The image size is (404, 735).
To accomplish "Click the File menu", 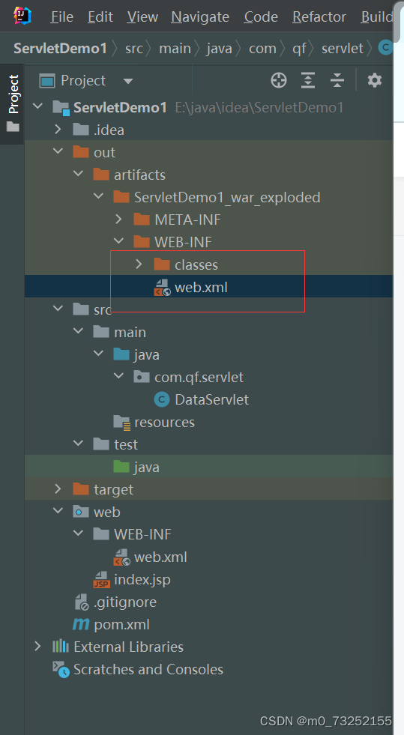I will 61,16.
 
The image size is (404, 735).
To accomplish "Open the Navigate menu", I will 200,16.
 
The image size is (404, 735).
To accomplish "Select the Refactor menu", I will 319,16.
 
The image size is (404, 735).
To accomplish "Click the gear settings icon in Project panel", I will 375,80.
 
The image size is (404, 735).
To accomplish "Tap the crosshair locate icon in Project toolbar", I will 279,80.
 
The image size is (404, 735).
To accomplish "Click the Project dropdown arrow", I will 127,81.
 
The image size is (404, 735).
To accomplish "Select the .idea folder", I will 109,130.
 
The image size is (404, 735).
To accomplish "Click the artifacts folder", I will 139,175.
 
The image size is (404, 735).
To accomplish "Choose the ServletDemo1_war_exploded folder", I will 226,197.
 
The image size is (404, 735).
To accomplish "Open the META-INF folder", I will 187,220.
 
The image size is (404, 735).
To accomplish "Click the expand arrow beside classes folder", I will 139,264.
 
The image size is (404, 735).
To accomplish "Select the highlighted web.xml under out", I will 201,287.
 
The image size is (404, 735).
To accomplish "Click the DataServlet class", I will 211,399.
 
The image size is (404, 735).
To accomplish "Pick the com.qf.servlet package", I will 199,377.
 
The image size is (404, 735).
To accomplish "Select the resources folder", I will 164,422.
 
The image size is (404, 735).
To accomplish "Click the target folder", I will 113,489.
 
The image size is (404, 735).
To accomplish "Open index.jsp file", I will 142,579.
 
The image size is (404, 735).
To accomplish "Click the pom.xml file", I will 121,624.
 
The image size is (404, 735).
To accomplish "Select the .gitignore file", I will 124,602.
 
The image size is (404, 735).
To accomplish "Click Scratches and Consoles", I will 148,669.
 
